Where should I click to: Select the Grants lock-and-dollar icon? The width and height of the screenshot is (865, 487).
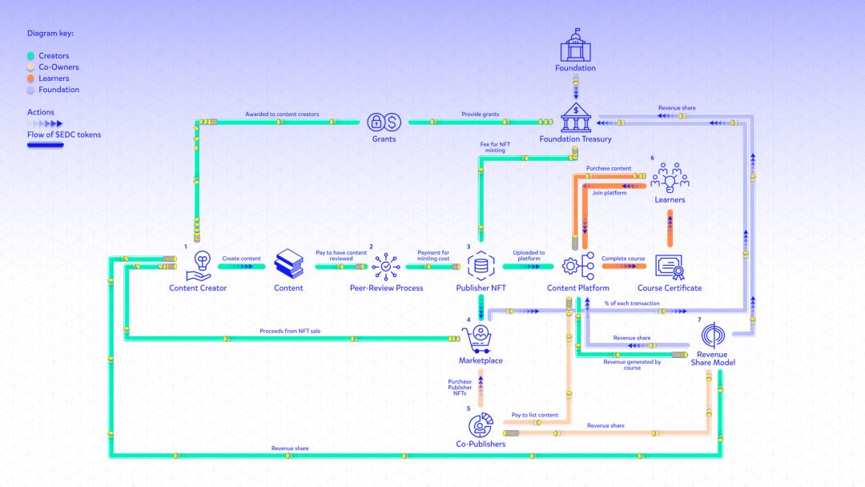pyautogui.click(x=384, y=122)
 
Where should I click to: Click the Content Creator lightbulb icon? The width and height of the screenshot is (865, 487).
pyautogui.click(x=198, y=265)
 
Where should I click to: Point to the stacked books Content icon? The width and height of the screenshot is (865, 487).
pyautogui.click(x=289, y=264)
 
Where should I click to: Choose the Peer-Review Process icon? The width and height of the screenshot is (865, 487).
pyautogui.click(x=386, y=265)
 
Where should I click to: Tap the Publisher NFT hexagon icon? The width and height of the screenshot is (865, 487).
pyautogui.click(x=481, y=265)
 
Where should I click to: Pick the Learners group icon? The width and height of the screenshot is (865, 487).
pyautogui.click(x=670, y=179)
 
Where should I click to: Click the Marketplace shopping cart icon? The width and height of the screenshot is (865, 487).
pyautogui.click(x=481, y=339)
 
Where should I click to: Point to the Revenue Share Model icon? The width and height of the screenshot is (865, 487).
pyautogui.click(x=713, y=336)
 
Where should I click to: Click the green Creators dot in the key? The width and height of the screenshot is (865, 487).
pyautogui.click(x=31, y=56)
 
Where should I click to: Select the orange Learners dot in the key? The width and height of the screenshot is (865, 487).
pyautogui.click(x=31, y=78)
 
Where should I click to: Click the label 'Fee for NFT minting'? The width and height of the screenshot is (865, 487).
pyautogui.click(x=495, y=147)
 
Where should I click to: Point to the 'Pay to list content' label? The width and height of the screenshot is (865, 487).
pyautogui.click(x=534, y=415)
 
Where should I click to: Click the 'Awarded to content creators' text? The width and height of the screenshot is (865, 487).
pyautogui.click(x=282, y=115)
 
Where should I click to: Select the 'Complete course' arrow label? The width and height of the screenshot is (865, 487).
pyautogui.click(x=623, y=259)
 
